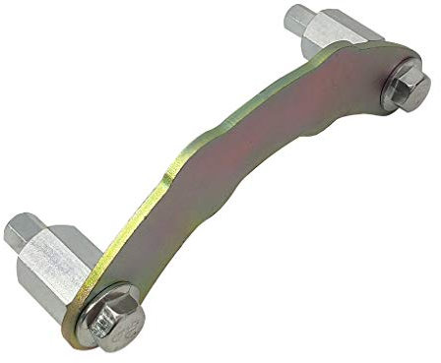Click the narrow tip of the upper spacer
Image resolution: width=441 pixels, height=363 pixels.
[299, 20]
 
